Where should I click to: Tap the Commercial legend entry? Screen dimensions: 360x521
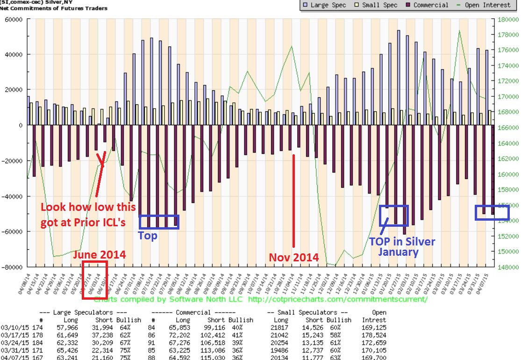point(427,5)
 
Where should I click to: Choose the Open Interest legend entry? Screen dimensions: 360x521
point(486,5)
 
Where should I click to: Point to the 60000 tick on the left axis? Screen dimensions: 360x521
point(14,19)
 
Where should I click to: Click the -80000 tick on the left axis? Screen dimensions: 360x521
point(13,267)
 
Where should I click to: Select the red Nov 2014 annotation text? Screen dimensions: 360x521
point(294,257)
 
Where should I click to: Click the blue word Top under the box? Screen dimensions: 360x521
point(147,236)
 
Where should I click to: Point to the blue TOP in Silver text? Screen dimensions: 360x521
point(402,242)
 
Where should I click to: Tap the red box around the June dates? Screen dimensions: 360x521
point(95,280)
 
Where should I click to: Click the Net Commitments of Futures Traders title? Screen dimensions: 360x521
point(54,8)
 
